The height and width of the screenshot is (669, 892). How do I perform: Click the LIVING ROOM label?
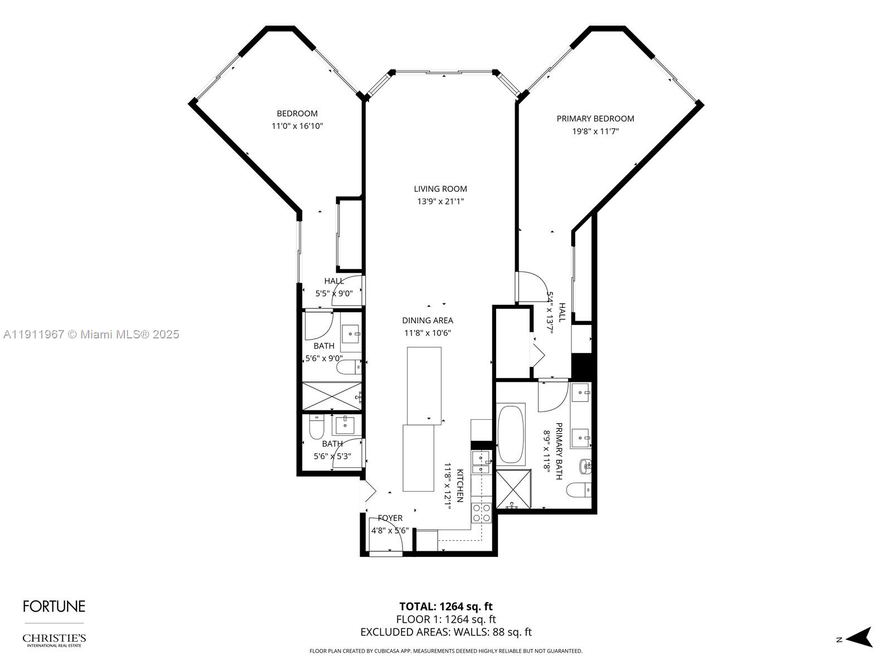click(x=440, y=189)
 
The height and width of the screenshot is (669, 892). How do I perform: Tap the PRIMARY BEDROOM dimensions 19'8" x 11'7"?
click(x=595, y=132)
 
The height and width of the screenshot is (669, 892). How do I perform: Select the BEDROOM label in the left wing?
click(x=297, y=114)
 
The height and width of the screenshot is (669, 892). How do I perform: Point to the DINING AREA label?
click(x=428, y=321)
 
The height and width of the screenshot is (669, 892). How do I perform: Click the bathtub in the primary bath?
click(x=511, y=435)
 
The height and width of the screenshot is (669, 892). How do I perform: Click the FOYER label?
click(x=390, y=518)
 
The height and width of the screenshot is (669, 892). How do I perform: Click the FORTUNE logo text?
click(x=54, y=607)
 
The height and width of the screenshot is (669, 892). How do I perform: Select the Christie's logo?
click(x=54, y=639)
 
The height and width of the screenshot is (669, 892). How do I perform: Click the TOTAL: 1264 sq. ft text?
click(x=446, y=607)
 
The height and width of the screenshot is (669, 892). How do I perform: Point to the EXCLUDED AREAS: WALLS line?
click(x=446, y=632)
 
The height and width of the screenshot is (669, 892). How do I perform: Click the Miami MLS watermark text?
click(x=91, y=334)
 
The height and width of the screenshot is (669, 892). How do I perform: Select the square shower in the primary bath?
click(x=512, y=489)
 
